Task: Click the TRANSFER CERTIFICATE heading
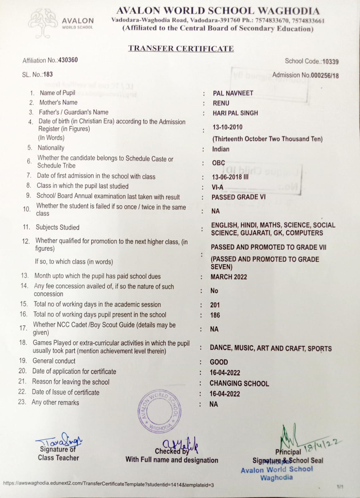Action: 181,49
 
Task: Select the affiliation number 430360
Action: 68,60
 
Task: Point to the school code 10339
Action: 330,62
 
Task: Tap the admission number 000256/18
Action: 325,75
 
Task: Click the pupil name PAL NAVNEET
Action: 233,93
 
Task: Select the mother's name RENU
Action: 221,103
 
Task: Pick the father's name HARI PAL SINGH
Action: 235,113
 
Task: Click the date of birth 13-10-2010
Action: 227,127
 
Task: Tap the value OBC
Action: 218,163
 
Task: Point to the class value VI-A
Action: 217,187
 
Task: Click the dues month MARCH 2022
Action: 229,277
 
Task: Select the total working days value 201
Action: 215,305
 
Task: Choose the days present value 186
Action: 215,315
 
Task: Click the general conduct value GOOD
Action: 219,362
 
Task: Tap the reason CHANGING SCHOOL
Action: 239,383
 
